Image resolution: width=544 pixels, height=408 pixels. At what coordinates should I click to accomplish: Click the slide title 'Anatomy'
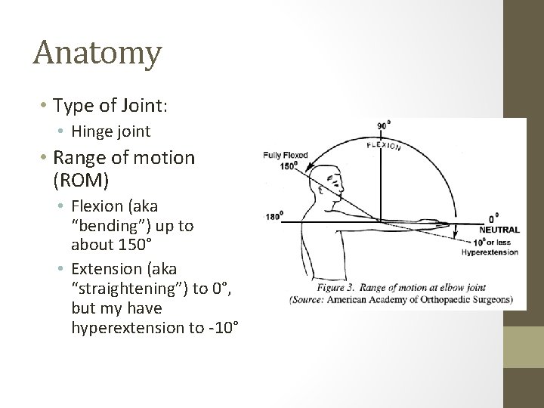click(x=97, y=53)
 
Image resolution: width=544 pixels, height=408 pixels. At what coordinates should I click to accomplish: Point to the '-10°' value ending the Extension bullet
click(x=223, y=328)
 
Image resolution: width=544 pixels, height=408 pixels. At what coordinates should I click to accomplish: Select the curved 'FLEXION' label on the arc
click(x=384, y=144)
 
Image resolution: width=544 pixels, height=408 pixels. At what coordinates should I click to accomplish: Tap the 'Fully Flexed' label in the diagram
click(x=285, y=156)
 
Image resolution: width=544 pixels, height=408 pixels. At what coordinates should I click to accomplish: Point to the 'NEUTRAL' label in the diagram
click(x=499, y=229)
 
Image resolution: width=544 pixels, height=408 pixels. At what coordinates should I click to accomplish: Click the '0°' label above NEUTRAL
click(x=493, y=218)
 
